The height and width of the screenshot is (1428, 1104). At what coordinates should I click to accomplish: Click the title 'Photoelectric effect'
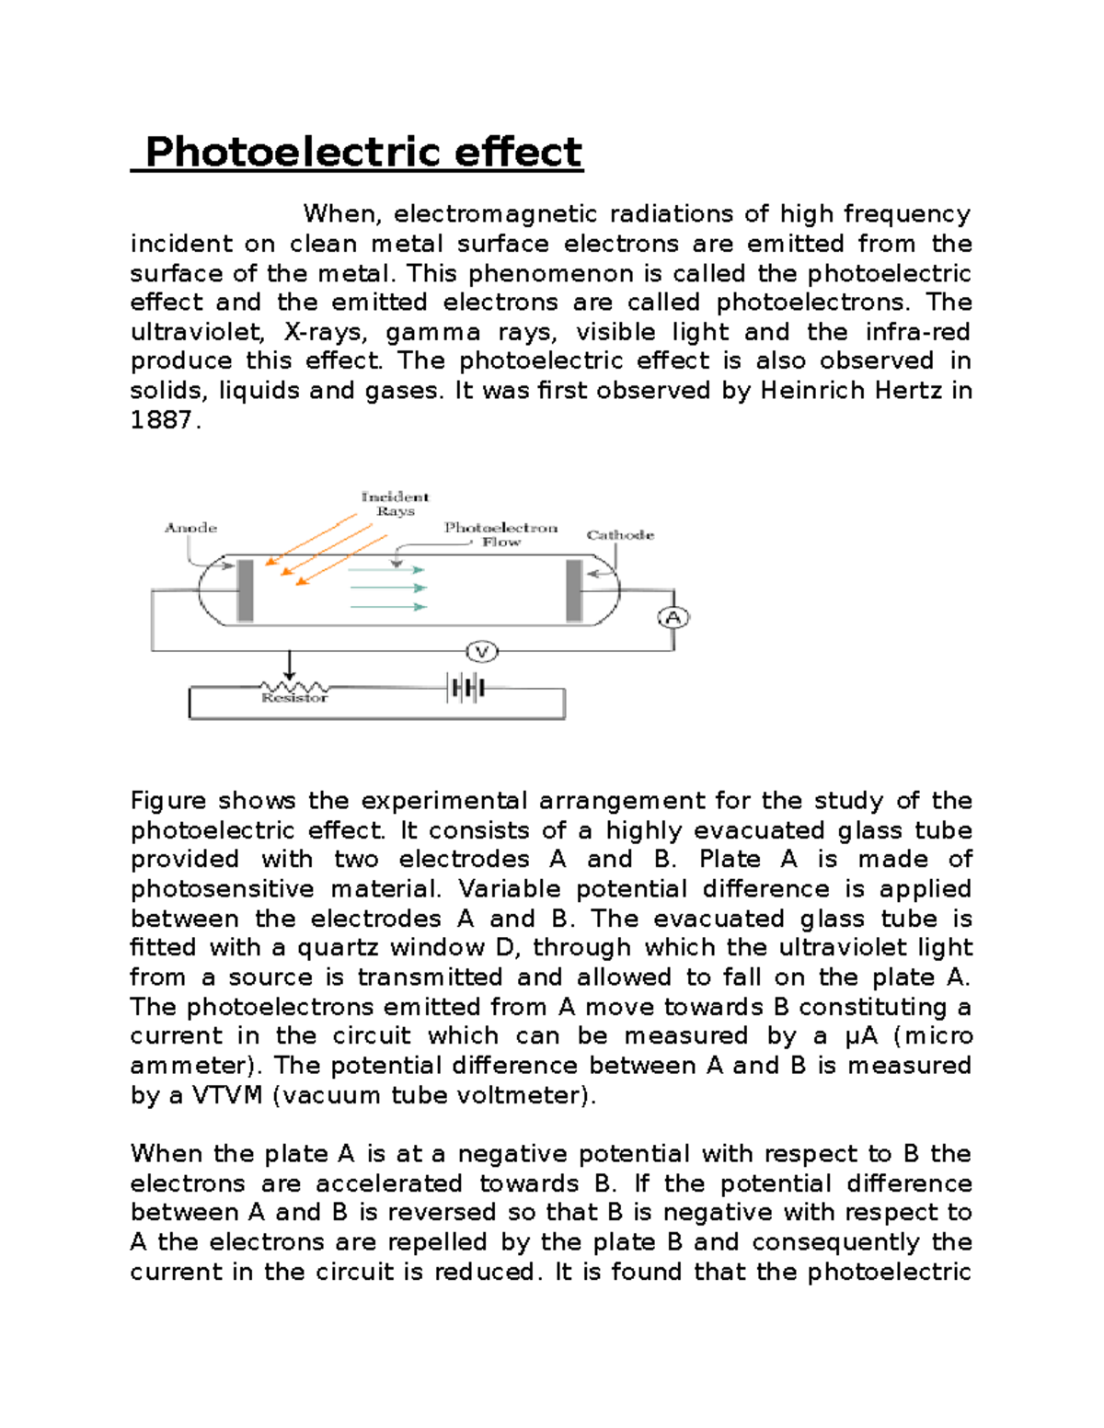point(363,153)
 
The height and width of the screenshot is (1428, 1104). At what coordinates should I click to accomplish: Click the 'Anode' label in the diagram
point(190,528)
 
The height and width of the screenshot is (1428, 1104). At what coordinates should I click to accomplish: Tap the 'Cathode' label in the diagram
point(620,535)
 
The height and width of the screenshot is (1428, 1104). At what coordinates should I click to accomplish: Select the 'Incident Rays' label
point(395,504)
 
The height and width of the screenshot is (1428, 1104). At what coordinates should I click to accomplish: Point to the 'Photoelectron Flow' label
point(500,534)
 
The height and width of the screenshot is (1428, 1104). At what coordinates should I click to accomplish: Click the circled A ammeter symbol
point(673,618)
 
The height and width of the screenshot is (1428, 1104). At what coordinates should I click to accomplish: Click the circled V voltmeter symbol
point(481,652)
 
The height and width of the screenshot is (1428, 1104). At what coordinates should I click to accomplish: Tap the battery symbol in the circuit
point(466,688)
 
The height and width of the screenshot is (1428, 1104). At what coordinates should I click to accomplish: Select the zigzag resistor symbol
point(294,687)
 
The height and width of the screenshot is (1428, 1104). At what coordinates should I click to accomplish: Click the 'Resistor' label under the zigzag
point(294,699)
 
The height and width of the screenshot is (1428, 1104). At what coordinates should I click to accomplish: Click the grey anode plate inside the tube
point(246,590)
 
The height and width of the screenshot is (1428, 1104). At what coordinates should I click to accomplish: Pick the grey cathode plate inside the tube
point(574,590)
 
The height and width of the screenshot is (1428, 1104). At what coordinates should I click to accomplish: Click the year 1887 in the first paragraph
point(162,420)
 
